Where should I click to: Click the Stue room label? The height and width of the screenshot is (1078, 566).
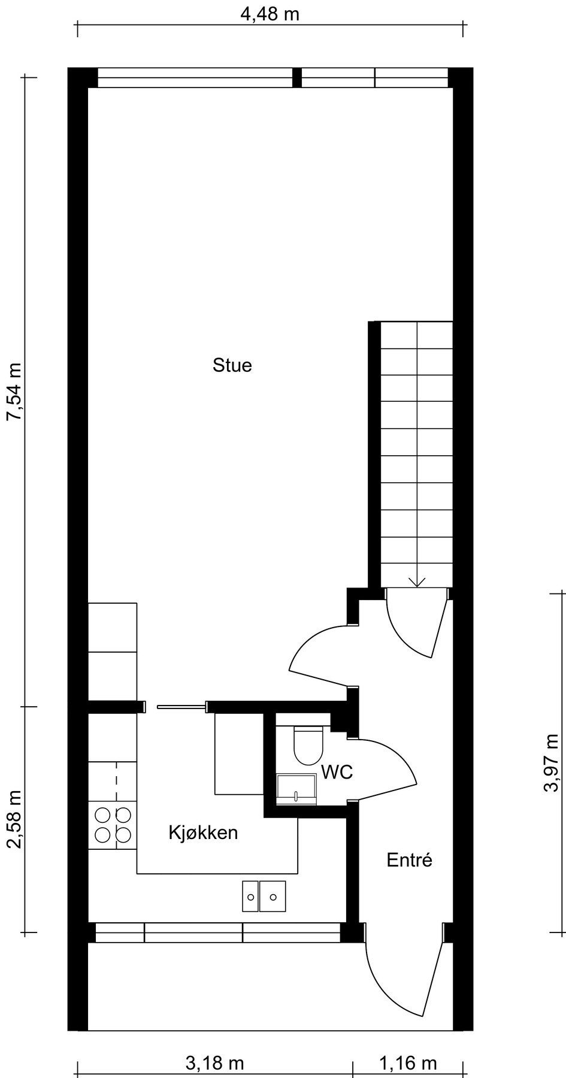(x=232, y=365)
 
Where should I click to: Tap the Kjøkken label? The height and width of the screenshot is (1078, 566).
(x=203, y=832)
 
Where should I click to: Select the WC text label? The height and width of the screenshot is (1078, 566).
(x=337, y=773)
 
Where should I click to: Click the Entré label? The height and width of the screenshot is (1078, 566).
(x=409, y=860)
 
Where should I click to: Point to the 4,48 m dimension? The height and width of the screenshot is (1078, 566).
(x=270, y=14)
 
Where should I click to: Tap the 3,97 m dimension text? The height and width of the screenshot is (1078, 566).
(x=550, y=762)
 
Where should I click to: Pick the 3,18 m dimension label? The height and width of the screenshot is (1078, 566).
(x=214, y=1064)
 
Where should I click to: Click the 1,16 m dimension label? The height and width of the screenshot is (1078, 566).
(x=408, y=1064)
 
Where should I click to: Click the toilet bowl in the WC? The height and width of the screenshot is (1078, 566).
(x=308, y=746)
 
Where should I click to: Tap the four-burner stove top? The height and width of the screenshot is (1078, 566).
(x=113, y=825)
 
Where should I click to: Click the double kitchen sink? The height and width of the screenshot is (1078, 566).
(x=264, y=897)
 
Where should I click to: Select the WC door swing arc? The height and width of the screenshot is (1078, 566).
(x=389, y=768)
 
